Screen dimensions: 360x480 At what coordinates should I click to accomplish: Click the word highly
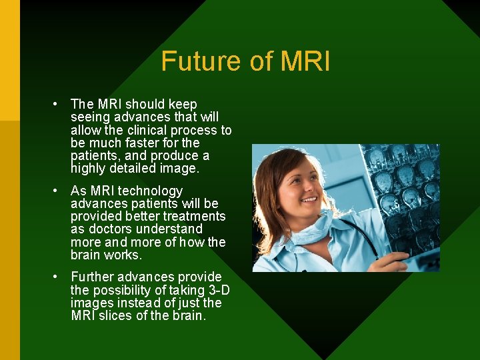click(87, 169)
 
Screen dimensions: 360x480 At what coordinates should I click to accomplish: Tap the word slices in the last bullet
click(115, 315)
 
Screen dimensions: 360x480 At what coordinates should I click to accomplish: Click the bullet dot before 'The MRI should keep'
click(58, 104)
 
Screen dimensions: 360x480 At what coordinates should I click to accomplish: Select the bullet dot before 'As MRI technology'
click(58, 191)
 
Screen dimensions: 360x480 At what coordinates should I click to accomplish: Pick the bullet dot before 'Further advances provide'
click(58, 277)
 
